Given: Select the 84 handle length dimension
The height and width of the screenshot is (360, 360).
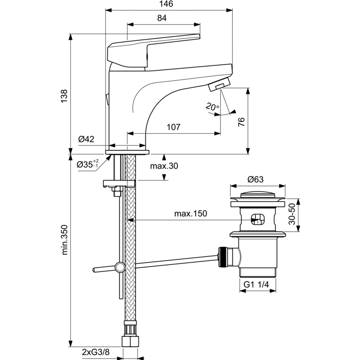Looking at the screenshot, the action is [162, 18].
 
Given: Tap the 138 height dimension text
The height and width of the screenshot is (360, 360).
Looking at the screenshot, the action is [64, 96].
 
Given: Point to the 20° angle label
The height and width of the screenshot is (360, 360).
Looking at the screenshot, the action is [212, 107].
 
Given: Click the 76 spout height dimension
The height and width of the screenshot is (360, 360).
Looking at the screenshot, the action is [241, 121].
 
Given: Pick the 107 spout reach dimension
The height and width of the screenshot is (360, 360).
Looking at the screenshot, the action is [173, 127].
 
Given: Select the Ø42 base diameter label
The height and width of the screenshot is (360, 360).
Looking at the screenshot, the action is [86, 139].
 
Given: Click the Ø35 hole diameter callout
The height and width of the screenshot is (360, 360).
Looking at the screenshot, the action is [87, 164].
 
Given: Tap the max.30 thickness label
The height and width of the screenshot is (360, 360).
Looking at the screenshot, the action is [164, 166].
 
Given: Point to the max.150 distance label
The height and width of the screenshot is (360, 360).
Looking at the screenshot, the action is [190, 213].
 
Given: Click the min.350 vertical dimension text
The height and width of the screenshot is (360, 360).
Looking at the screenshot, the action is [65, 240].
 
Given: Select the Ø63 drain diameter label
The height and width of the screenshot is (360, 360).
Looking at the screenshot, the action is [256, 179].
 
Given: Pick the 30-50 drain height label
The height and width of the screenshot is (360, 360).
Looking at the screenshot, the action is [292, 214].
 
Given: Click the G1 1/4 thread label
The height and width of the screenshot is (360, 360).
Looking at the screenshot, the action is [256, 285].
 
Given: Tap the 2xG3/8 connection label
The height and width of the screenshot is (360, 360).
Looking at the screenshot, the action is [96, 352].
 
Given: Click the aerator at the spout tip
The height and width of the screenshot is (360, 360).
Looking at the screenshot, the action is [219, 84].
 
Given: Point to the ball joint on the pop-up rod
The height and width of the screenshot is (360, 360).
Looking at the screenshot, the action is [120, 267].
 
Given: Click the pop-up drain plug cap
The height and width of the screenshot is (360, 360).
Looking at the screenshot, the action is [257, 195].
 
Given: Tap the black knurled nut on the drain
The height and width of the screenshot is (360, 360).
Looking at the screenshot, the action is [222, 257].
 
